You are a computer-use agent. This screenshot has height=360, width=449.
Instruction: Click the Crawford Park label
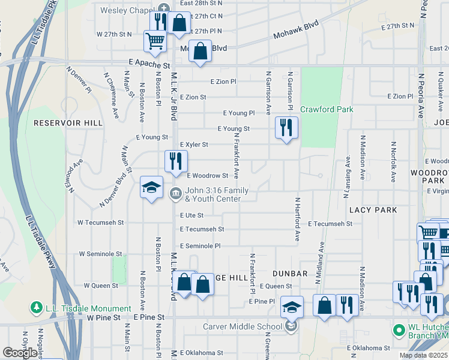(x=327, y=109)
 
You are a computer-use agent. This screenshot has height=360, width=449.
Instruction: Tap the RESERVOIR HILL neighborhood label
(x=68, y=122)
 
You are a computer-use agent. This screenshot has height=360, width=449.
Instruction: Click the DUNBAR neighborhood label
(x=290, y=273)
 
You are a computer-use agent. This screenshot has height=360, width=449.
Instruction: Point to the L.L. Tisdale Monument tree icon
(x=37, y=308)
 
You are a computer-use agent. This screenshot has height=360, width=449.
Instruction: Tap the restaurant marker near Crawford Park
(x=286, y=128)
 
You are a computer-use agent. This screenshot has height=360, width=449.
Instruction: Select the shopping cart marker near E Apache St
(x=155, y=41)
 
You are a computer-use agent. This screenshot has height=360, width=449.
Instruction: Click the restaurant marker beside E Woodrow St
(x=176, y=161)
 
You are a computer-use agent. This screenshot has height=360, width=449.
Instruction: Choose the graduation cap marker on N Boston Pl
(x=151, y=187)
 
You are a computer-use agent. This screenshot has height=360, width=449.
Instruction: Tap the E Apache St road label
(x=149, y=62)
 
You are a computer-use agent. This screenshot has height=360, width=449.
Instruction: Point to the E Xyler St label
(x=194, y=145)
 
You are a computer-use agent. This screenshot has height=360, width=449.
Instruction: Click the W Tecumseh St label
(x=100, y=222)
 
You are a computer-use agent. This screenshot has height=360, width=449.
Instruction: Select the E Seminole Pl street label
(x=200, y=246)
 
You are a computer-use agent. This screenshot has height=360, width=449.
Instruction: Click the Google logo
(x=20, y=353)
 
